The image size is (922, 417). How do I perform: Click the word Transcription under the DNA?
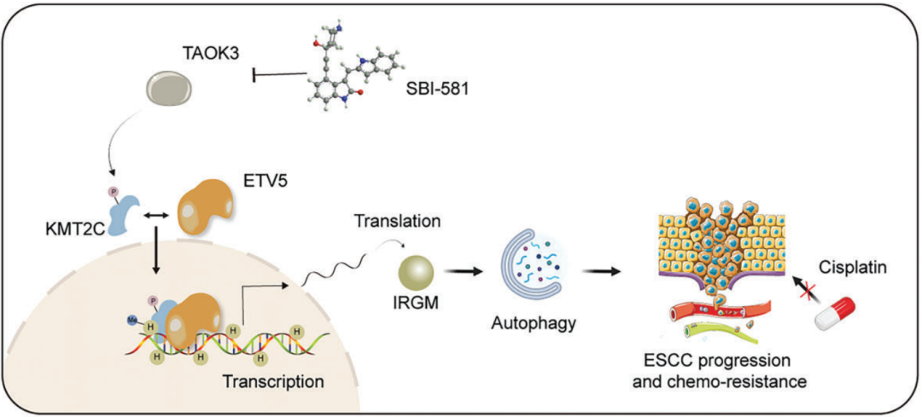point(273,379)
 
